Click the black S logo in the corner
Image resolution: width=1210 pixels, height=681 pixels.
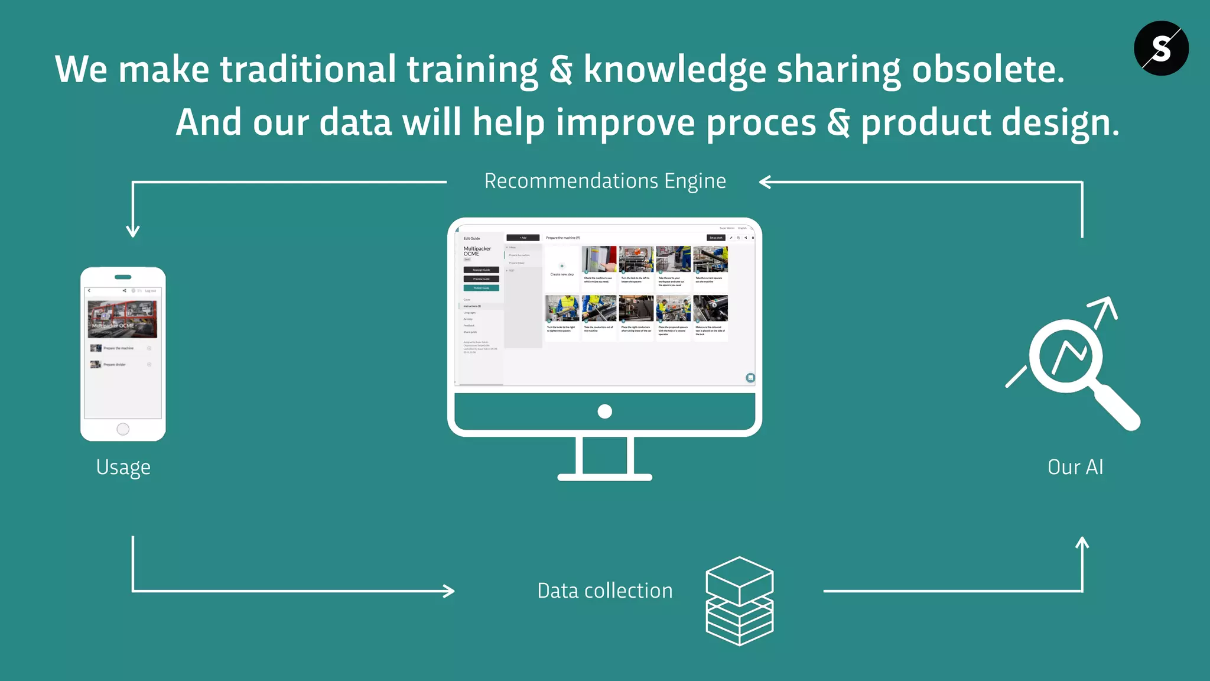click(1161, 48)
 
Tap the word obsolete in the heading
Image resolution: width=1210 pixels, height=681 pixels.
click(988, 70)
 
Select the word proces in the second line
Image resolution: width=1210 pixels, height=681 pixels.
click(761, 123)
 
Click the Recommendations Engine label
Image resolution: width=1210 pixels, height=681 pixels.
click(605, 181)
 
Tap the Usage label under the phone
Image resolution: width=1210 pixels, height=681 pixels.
click(123, 467)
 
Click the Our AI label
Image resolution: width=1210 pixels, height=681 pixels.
click(1075, 467)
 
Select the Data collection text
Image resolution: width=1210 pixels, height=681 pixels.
click(605, 591)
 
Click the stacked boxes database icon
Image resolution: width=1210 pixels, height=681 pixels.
click(739, 601)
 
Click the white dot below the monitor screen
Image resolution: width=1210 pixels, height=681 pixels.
click(605, 411)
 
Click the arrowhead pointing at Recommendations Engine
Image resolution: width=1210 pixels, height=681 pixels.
click(765, 182)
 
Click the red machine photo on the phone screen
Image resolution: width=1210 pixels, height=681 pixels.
click(122, 318)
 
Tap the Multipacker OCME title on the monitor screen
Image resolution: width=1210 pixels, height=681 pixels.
click(477, 251)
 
